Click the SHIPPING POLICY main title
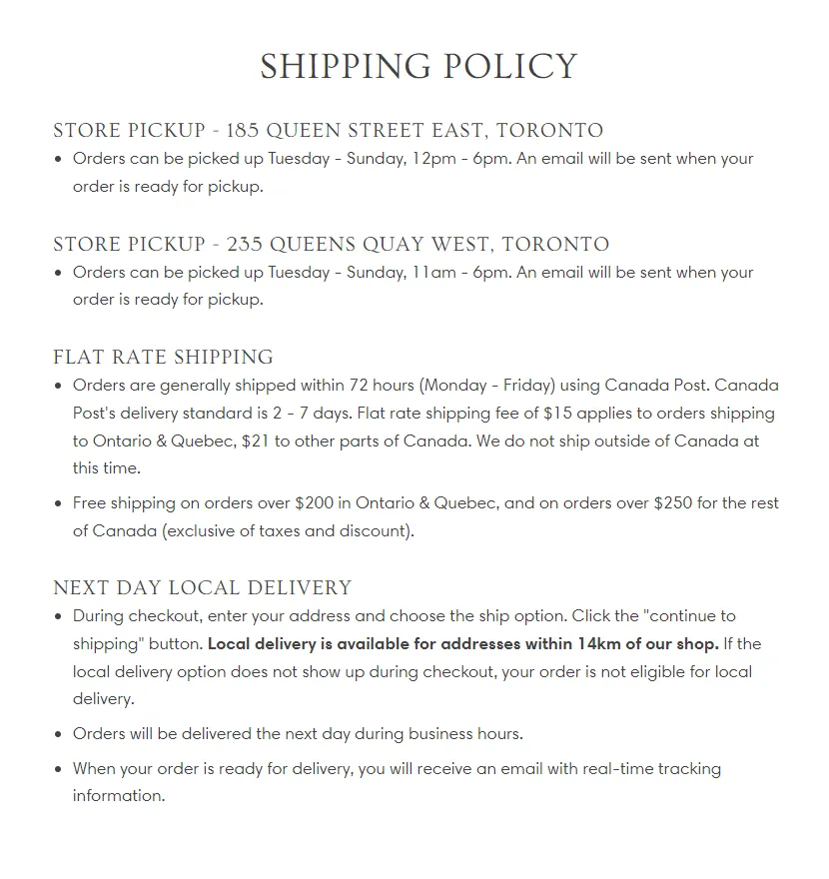coord(418,67)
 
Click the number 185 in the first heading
coord(243,131)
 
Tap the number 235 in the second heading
coord(245,245)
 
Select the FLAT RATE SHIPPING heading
coord(163,358)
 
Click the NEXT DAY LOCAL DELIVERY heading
coord(203,588)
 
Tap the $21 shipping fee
coord(255,440)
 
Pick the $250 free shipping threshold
coord(674,503)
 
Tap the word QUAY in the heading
coord(378,245)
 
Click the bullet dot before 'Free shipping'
coord(59,503)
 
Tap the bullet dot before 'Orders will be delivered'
coord(59,734)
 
